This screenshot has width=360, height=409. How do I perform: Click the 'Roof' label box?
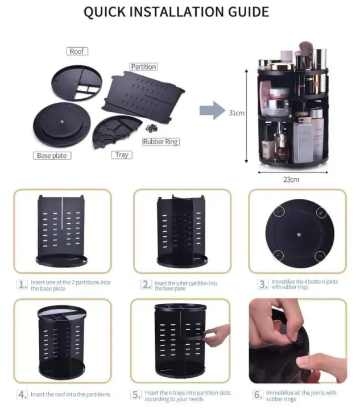click(x=77, y=52)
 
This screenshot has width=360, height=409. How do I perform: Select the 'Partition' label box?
click(x=143, y=67)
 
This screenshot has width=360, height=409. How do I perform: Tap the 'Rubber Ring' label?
click(x=161, y=142)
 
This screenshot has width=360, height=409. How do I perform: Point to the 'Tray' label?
click(x=122, y=155)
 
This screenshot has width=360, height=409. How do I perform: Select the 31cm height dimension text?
click(x=237, y=113)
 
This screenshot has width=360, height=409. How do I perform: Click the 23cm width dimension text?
click(x=291, y=180)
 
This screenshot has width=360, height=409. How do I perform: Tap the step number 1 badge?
click(x=22, y=285)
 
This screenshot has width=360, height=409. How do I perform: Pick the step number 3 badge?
click(x=262, y=285)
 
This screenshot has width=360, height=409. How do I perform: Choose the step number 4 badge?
click(x=22, y=394)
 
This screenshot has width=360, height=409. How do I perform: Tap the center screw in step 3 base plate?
click(x=297, y=233)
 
